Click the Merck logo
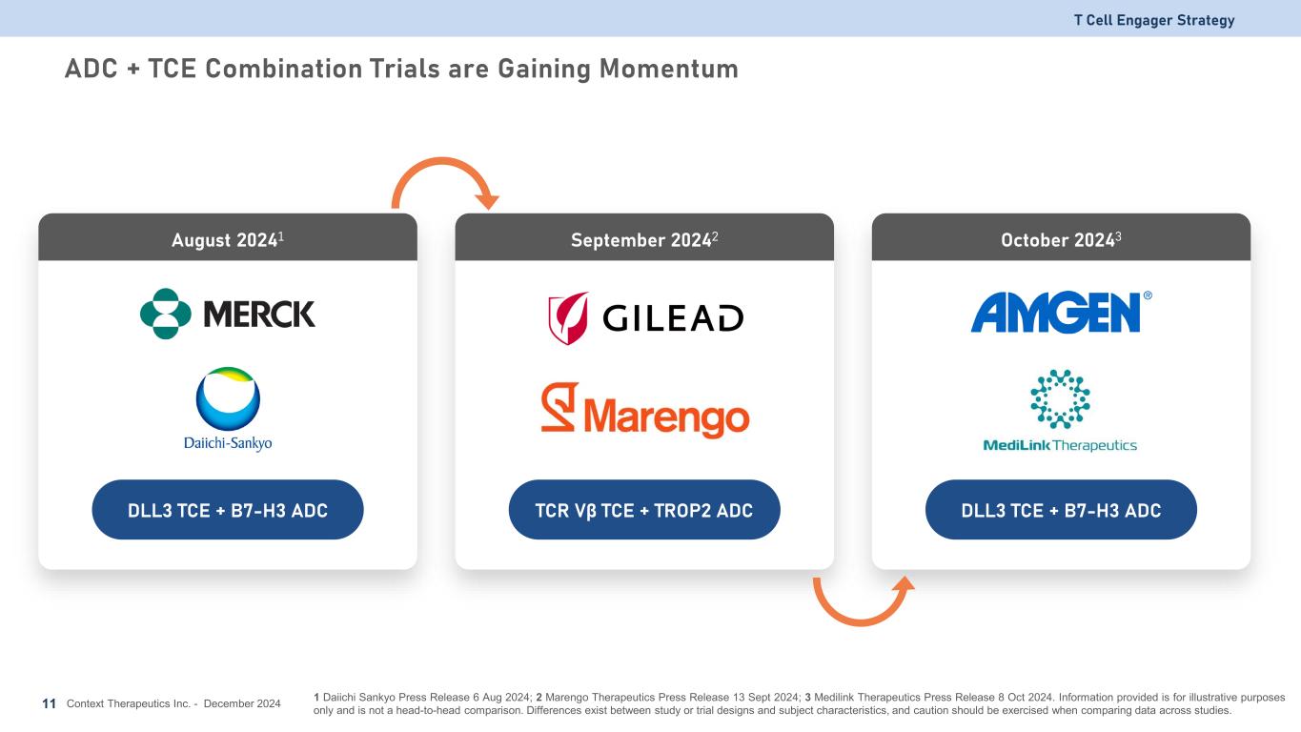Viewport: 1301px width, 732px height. click(228, 314)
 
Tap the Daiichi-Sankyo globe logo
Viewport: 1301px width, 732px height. click(228, 398)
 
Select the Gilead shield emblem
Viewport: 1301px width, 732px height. click(568, 317)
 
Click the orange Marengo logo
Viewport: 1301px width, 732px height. click(644, 410)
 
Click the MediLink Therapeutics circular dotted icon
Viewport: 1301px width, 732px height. click(1060, 399)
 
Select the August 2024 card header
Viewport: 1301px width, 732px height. click(228, 237)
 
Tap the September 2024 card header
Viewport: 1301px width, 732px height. click(644, 237)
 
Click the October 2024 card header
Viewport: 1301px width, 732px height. click(1061, 237)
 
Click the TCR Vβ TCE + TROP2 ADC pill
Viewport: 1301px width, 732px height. click(644, 510)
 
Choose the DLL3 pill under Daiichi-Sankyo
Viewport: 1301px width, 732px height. click(228, 510)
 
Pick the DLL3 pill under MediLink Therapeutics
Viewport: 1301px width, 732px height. click(1061, 510)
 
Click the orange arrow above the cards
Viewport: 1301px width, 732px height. click(442, 161)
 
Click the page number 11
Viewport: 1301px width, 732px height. click(49, 703)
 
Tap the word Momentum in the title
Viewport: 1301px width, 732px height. click(668, 69)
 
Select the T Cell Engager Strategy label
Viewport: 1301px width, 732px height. click(1154, 20)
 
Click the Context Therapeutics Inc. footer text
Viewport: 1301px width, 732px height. click(129, 703)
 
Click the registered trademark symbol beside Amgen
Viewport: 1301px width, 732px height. click(1148, 295)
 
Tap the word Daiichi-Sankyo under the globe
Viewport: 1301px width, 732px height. click(228, 443)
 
